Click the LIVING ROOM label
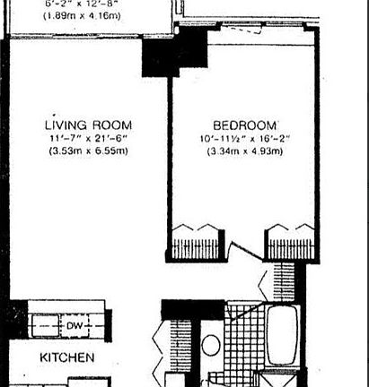click(x=89, y=125)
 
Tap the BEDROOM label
click(x=245, y=125)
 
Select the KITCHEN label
click(x=67, y=358)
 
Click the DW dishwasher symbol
click(x=73, y=326)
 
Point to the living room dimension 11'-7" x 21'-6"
click(x=89, y=138)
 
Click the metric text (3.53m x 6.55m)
click(x=89, y=150)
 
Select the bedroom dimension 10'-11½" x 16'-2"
click(x=245, y=138)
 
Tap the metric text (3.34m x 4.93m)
click(x=245, y=150)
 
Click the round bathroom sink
click(x=212, y=345)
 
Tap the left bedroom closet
click(x=196, y=240)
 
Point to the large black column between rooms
click(x=158, y=61)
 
